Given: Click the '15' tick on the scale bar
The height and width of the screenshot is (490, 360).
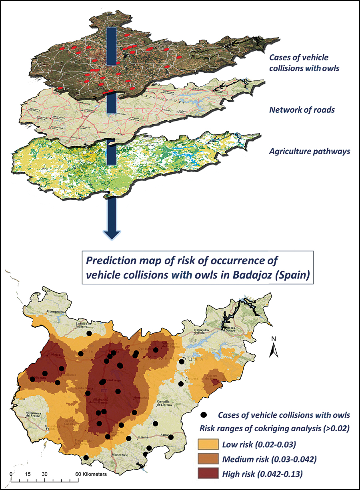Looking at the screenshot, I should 28,474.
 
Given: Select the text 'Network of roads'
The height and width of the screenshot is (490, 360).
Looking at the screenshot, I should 302,110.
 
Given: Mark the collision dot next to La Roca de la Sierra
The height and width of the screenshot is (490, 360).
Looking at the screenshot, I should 89,333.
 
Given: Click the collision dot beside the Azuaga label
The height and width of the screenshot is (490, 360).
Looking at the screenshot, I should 171,437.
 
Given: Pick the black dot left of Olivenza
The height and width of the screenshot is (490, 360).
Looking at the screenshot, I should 32,379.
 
